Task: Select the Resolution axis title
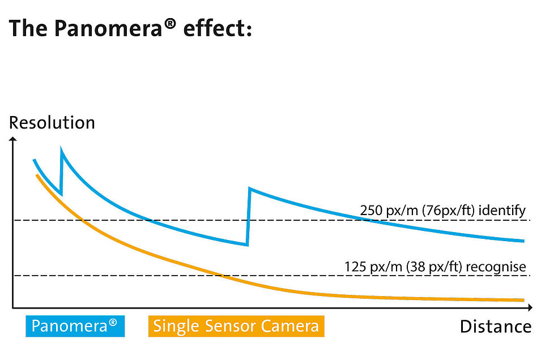[x=52, y=123]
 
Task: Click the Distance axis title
[x=495, y=327]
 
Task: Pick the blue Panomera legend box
[x=75, y=326]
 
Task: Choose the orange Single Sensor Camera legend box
[x=236, y=326]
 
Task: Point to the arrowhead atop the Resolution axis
[x=12, y=138]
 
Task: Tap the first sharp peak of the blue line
[x=61, y=149]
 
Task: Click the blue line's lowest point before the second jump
[x=246, y=244]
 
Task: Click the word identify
[x=503, y=211]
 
